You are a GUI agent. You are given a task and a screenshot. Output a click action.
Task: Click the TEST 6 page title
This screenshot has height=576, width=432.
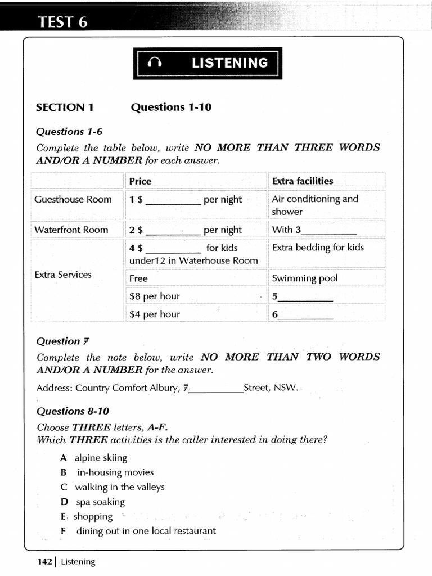point(62,22)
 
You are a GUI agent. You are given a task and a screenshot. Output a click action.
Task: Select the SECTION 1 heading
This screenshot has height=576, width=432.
point(65,107)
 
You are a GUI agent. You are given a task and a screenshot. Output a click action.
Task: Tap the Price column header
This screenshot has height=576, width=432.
point(140,181)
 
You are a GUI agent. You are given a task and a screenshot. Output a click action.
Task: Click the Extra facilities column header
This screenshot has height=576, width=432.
point(303,181)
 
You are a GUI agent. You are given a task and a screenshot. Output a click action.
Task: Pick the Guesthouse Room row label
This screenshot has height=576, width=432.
point(73,199)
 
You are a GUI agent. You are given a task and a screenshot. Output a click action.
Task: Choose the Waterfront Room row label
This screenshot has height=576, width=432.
point(71,229)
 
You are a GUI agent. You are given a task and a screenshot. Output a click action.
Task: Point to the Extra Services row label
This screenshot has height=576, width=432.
point(63,274)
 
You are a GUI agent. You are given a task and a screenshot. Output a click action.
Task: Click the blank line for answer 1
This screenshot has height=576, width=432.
point(173,201)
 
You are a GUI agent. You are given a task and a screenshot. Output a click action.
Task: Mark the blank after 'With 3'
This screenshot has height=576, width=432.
point(329,231)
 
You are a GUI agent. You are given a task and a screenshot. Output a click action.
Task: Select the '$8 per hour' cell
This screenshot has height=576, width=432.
point(155,296)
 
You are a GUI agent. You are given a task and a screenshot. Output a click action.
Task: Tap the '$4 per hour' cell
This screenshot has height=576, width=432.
point(155,314)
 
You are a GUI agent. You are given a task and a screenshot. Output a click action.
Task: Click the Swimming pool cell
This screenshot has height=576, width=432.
point(305,278)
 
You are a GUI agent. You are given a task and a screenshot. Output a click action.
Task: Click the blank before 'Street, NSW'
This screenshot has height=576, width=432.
point(217,390)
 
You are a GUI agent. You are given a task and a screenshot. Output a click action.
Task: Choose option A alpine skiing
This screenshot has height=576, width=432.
point(94,458)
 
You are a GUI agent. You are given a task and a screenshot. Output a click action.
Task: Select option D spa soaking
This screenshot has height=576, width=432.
point(93,502)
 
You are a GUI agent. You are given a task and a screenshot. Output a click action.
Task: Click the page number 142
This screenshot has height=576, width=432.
point(44,561)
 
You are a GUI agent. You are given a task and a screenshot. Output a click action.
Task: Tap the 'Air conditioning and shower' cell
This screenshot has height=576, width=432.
point(315,205)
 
